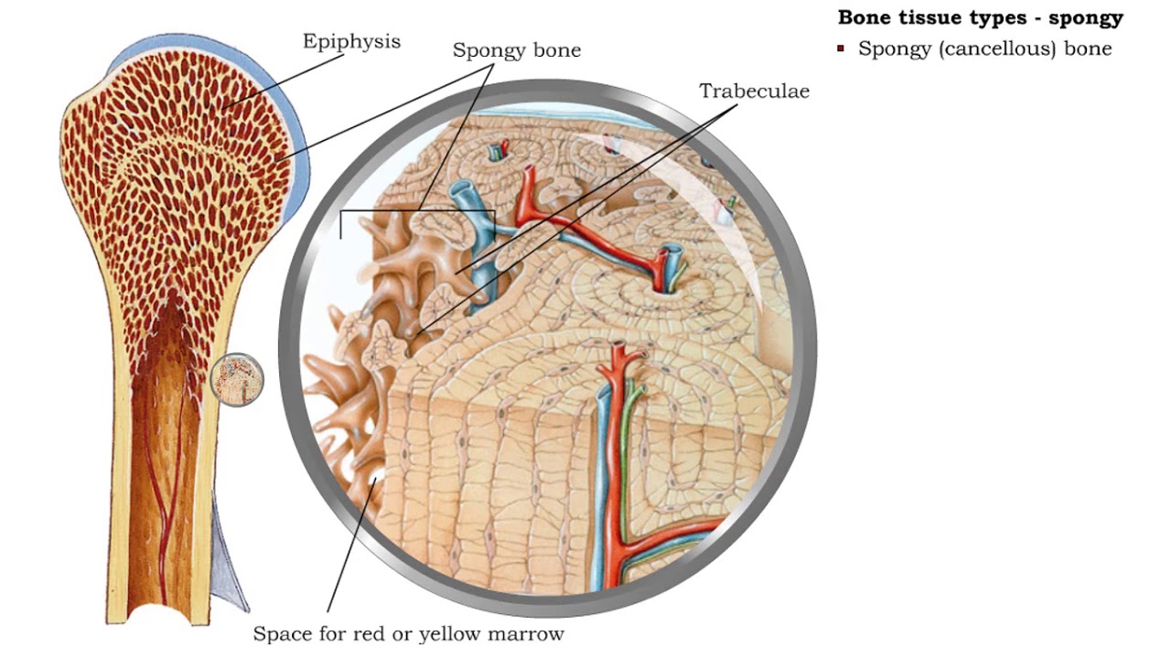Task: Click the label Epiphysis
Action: click(351, 42)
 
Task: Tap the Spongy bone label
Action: click(517, 50)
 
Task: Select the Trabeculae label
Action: click(754, 92)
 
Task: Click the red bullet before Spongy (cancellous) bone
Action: click(841, 49)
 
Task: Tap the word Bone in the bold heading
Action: click(865, 17)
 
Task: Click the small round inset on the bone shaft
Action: click(237, 380)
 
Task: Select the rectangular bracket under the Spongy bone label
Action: click(417, 212)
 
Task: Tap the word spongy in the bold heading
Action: click(1086, 18)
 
